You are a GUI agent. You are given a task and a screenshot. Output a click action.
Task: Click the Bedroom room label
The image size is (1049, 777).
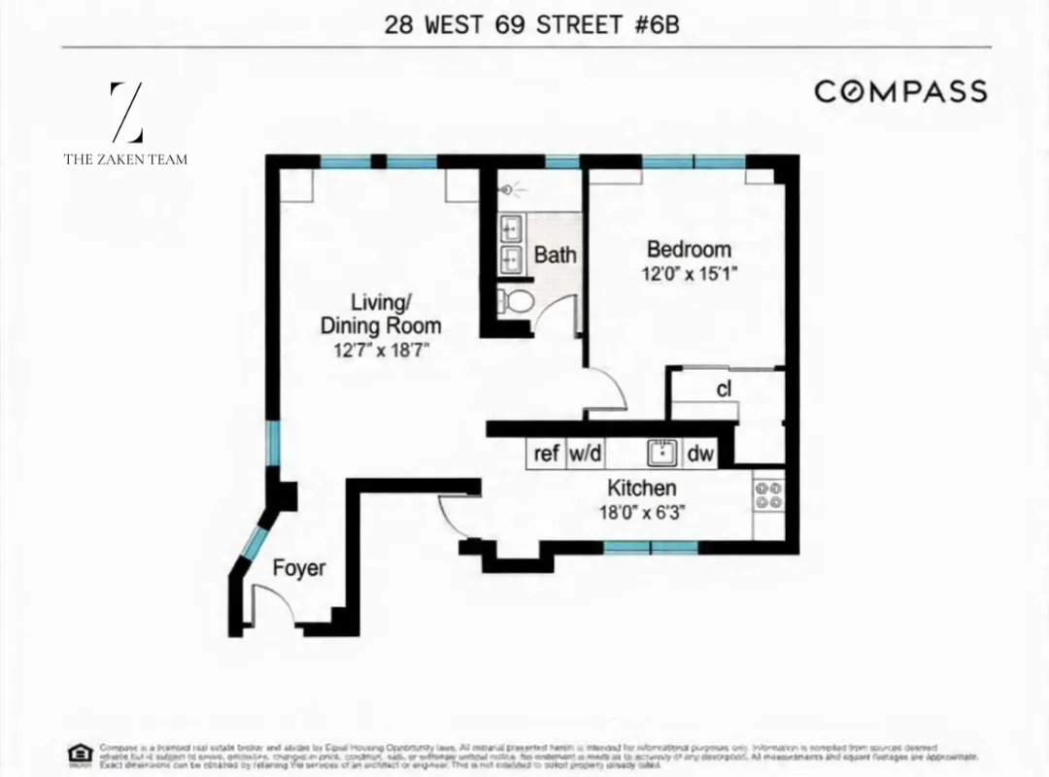coord(689,250)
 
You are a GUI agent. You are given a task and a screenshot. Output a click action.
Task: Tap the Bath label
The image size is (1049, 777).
coord(555,255)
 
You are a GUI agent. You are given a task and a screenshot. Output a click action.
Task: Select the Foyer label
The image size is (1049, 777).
coord(298,568)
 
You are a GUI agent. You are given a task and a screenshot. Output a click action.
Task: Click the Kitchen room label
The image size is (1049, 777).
coord(642,488)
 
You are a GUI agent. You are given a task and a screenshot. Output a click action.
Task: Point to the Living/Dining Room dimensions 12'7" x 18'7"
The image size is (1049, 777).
coord(380,351)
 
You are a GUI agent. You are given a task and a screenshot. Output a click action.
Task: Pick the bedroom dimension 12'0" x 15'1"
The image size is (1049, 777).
coord(690,274)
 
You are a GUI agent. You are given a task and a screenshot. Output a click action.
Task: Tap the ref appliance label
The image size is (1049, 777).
coord(547,454)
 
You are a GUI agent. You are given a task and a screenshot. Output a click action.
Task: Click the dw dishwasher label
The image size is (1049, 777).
coord(700,454)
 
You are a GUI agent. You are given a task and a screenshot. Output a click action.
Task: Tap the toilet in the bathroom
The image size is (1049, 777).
coord(514,300)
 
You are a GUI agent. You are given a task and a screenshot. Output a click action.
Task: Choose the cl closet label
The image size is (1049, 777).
coord(724,390)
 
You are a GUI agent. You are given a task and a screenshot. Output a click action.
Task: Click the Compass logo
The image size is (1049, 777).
coord(900,91)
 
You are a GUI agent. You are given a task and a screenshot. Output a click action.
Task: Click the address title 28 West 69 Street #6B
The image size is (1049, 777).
coord(531,24)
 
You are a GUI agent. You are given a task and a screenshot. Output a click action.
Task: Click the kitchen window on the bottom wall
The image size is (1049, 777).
coord(651,548)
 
